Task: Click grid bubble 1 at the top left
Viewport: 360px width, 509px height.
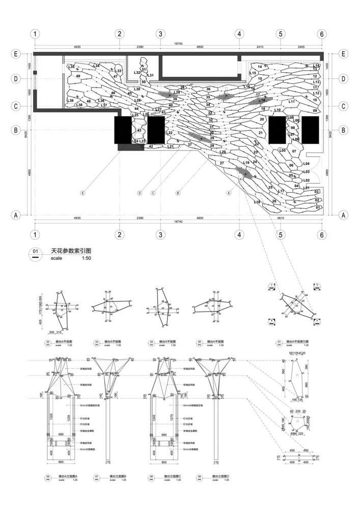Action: pyautogui.click(x=35, y=34)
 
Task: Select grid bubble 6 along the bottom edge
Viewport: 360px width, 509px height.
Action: pyautogui.click(x=321, y=235)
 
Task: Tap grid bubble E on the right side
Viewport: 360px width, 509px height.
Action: pyautogui.click(x=343, y=53)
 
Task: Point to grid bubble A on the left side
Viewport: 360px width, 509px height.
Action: pyautogui.click(x=16, y=215)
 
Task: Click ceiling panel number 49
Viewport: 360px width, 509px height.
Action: pyautogui.click(x=78, y=76)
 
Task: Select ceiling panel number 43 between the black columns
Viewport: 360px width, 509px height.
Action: pyautogui.click(x=139, y=130)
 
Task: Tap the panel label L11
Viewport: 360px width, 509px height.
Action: pyautogui.click(x=292, y=102)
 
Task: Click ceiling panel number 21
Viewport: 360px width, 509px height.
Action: pyautogui.click(x=260, y=133)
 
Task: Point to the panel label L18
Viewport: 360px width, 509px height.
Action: pyautogui.click(x=257, y=202)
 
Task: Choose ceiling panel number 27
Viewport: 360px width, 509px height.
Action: pyautogui.click(x=221, y=163)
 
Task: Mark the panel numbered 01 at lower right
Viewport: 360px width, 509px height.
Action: pyautogui.click(x=317, y=207)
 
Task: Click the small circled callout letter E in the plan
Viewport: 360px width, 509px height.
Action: pyautogui.click(x=82, y=193)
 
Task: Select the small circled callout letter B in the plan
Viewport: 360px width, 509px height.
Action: pyautogui.click(x=178, y=193)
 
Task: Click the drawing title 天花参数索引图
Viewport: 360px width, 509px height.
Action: pyautogui.click(x=71, y=251)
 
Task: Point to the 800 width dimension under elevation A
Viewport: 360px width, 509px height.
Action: pyautogui.click(x=62, y=462)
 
